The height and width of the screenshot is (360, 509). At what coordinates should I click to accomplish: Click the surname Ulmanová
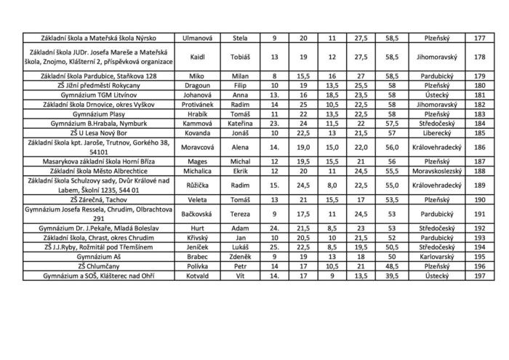(x=196, y=37)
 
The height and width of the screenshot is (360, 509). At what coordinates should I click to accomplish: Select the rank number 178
(x=479, y=56)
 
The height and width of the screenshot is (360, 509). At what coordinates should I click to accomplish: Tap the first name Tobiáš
(x=239, y=56)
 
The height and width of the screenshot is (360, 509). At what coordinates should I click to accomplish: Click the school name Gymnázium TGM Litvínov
(x=100, y=95)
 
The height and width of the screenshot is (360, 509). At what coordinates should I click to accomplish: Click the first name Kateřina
(x=239, y=124)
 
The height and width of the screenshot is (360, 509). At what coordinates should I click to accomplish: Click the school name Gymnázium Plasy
(x=100, y=114)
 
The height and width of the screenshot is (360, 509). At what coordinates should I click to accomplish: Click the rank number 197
(x=479, y=276)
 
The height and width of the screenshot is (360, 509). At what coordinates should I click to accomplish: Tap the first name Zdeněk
(x=239, y=257)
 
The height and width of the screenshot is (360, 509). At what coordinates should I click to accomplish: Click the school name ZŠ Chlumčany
(x=100, y=266)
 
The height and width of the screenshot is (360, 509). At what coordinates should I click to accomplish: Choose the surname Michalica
(x=196, y=171)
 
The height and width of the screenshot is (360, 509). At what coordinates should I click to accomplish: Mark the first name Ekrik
(x=239, y=171)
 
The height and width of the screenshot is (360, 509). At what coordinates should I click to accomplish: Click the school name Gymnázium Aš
(x=100, y=257)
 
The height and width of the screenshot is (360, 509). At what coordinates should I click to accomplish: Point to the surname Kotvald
(x=196, y=276)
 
